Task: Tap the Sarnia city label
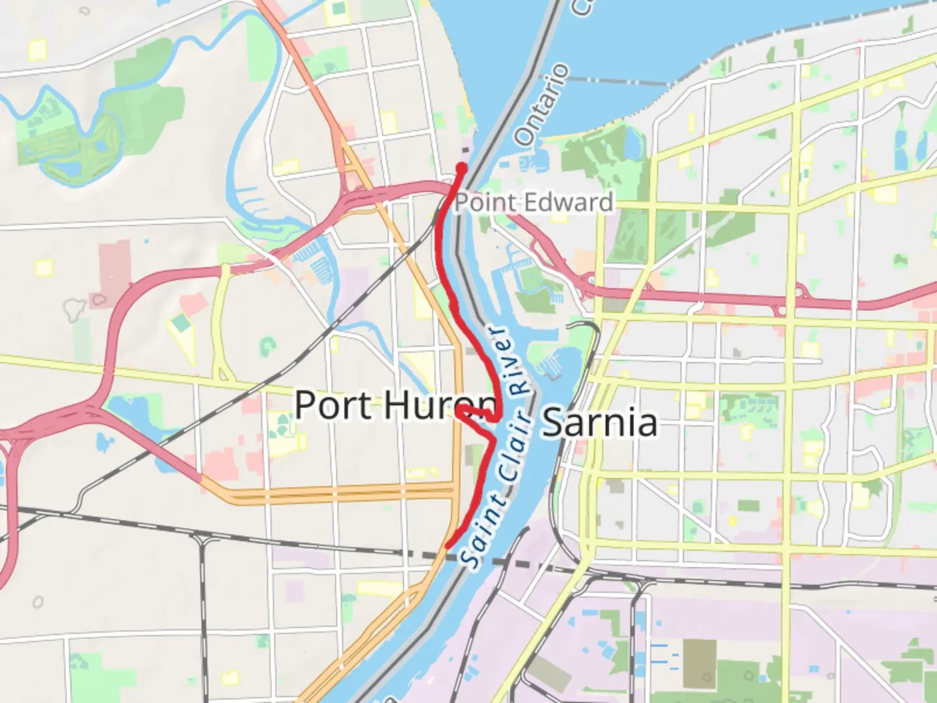(x=599, y=423)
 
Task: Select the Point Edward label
(x=534, y=202)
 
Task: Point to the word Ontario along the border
(x=541, y=104)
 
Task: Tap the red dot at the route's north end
(x=461, y=168)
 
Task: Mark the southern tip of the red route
(x=448, y=545)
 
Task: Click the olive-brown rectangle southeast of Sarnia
(x=699, y=663)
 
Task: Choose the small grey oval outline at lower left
(x=38, y=602)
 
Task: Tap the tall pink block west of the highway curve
(x=115, y=266)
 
